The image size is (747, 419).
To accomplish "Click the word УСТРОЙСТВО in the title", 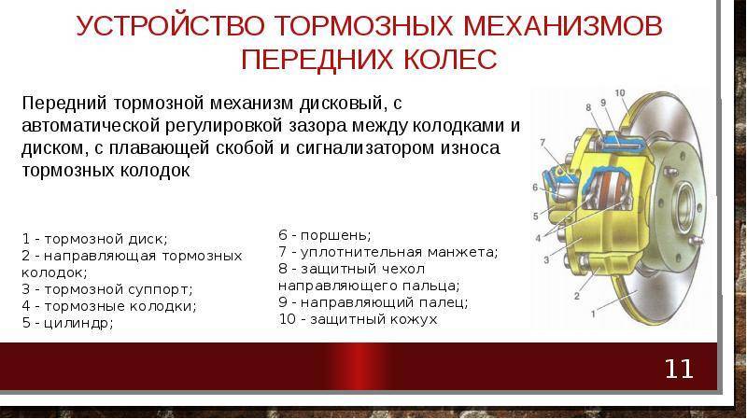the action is pyautogui.click(x=170, y=26).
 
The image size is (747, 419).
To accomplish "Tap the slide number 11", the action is pyautogui.click(x=679, y=369).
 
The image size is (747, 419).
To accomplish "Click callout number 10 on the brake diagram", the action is pyautogui.click(x=620, y=92).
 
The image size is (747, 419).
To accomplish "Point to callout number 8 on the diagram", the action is pyautogui.click(x=588, y=107).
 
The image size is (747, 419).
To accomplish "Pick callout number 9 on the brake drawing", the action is pyautogui.click(x=603, y=103).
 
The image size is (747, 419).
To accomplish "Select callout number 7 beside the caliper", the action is pyautogui.click(x=543, y=143).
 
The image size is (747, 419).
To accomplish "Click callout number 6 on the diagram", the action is pyautogui.click(x=535, y=188).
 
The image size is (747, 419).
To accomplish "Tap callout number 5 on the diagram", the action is pyautogui.click(x=535, y=216).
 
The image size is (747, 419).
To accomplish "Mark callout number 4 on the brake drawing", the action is pyautogui.click(x=539, y=238).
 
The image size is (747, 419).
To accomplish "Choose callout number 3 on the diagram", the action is pyautogui.click(x=546, y=260).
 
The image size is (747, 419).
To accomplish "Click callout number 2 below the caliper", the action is pyautogui.click(x=577, y=296).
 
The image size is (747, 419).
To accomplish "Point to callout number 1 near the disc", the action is pyautogui.click(x=593, y=314).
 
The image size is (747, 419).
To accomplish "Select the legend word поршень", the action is pyautogui.click(x=336, y=235).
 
